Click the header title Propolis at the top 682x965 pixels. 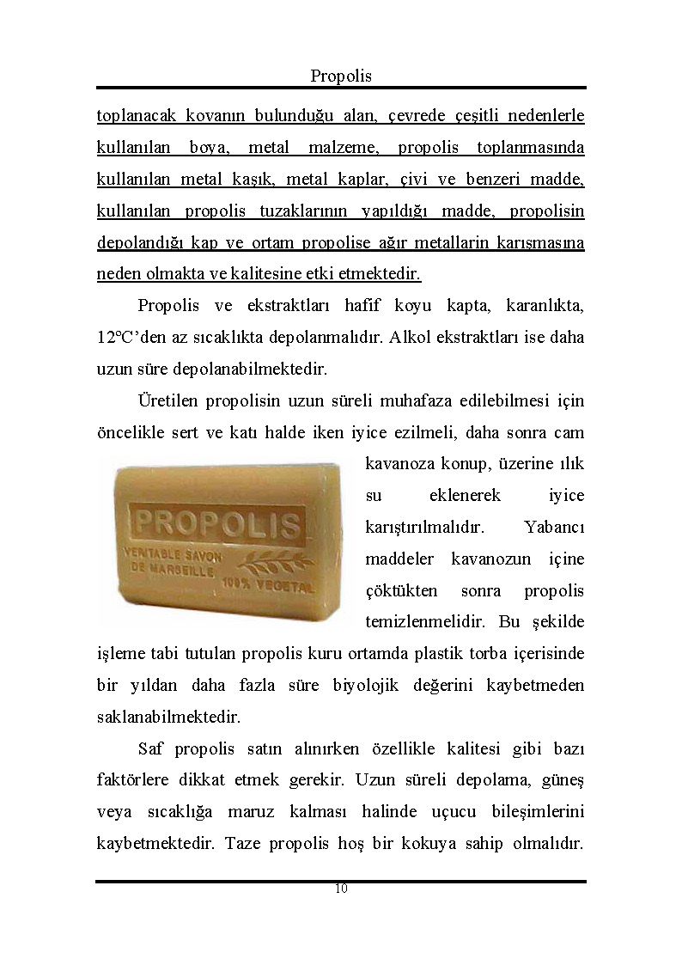point(341,76)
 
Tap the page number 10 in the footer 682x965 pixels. point(341,889)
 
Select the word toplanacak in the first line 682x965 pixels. point(133,116)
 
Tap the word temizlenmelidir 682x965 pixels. point(417,621)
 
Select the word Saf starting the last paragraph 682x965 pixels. point(150,748)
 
